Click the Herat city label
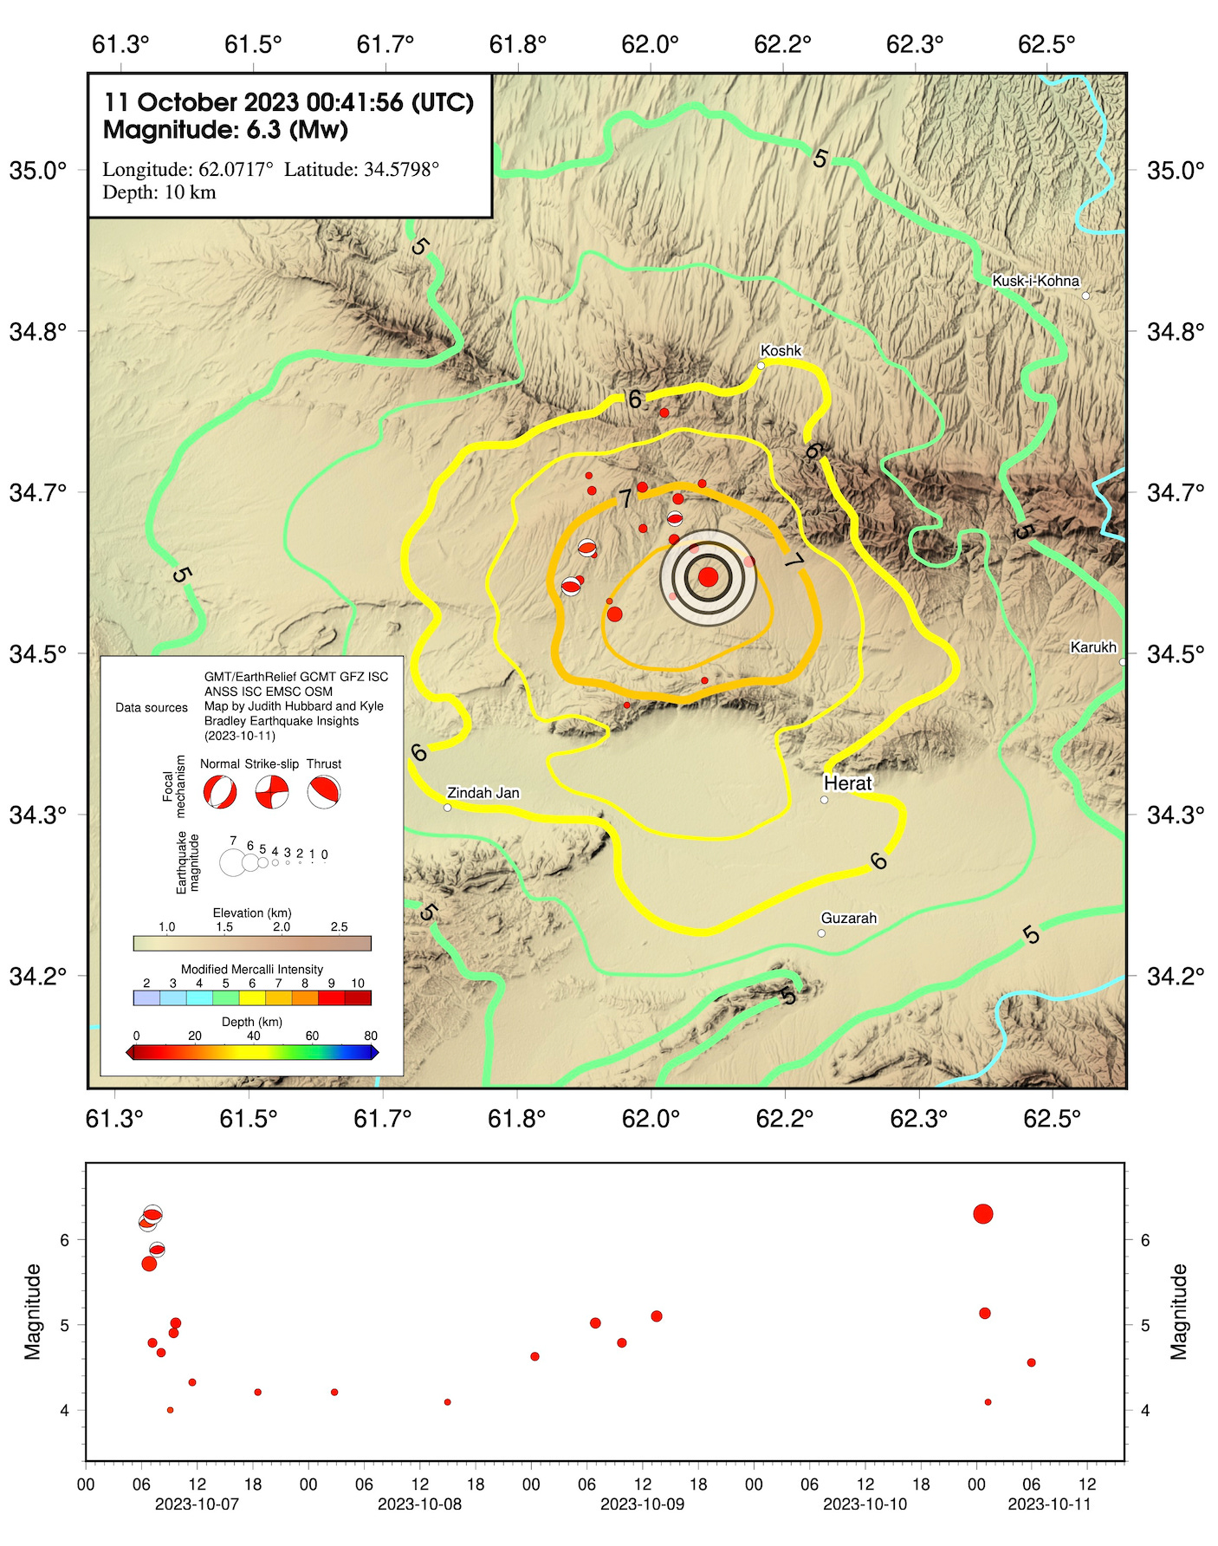847,783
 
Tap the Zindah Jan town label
483,792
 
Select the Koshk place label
781,351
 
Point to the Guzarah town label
848,918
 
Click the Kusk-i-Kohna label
1035,281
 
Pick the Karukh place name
1092,647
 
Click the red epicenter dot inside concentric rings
708,577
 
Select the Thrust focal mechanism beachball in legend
323,792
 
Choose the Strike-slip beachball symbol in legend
271,792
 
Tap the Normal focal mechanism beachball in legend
219,792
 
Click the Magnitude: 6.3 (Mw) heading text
225,131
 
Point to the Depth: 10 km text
159,192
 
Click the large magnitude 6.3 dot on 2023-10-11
982,1214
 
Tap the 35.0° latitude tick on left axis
38,170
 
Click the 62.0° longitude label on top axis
650,44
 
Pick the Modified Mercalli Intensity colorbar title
251,969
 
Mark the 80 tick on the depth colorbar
371,1036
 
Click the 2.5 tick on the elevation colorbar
339,927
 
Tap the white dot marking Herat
824,800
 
